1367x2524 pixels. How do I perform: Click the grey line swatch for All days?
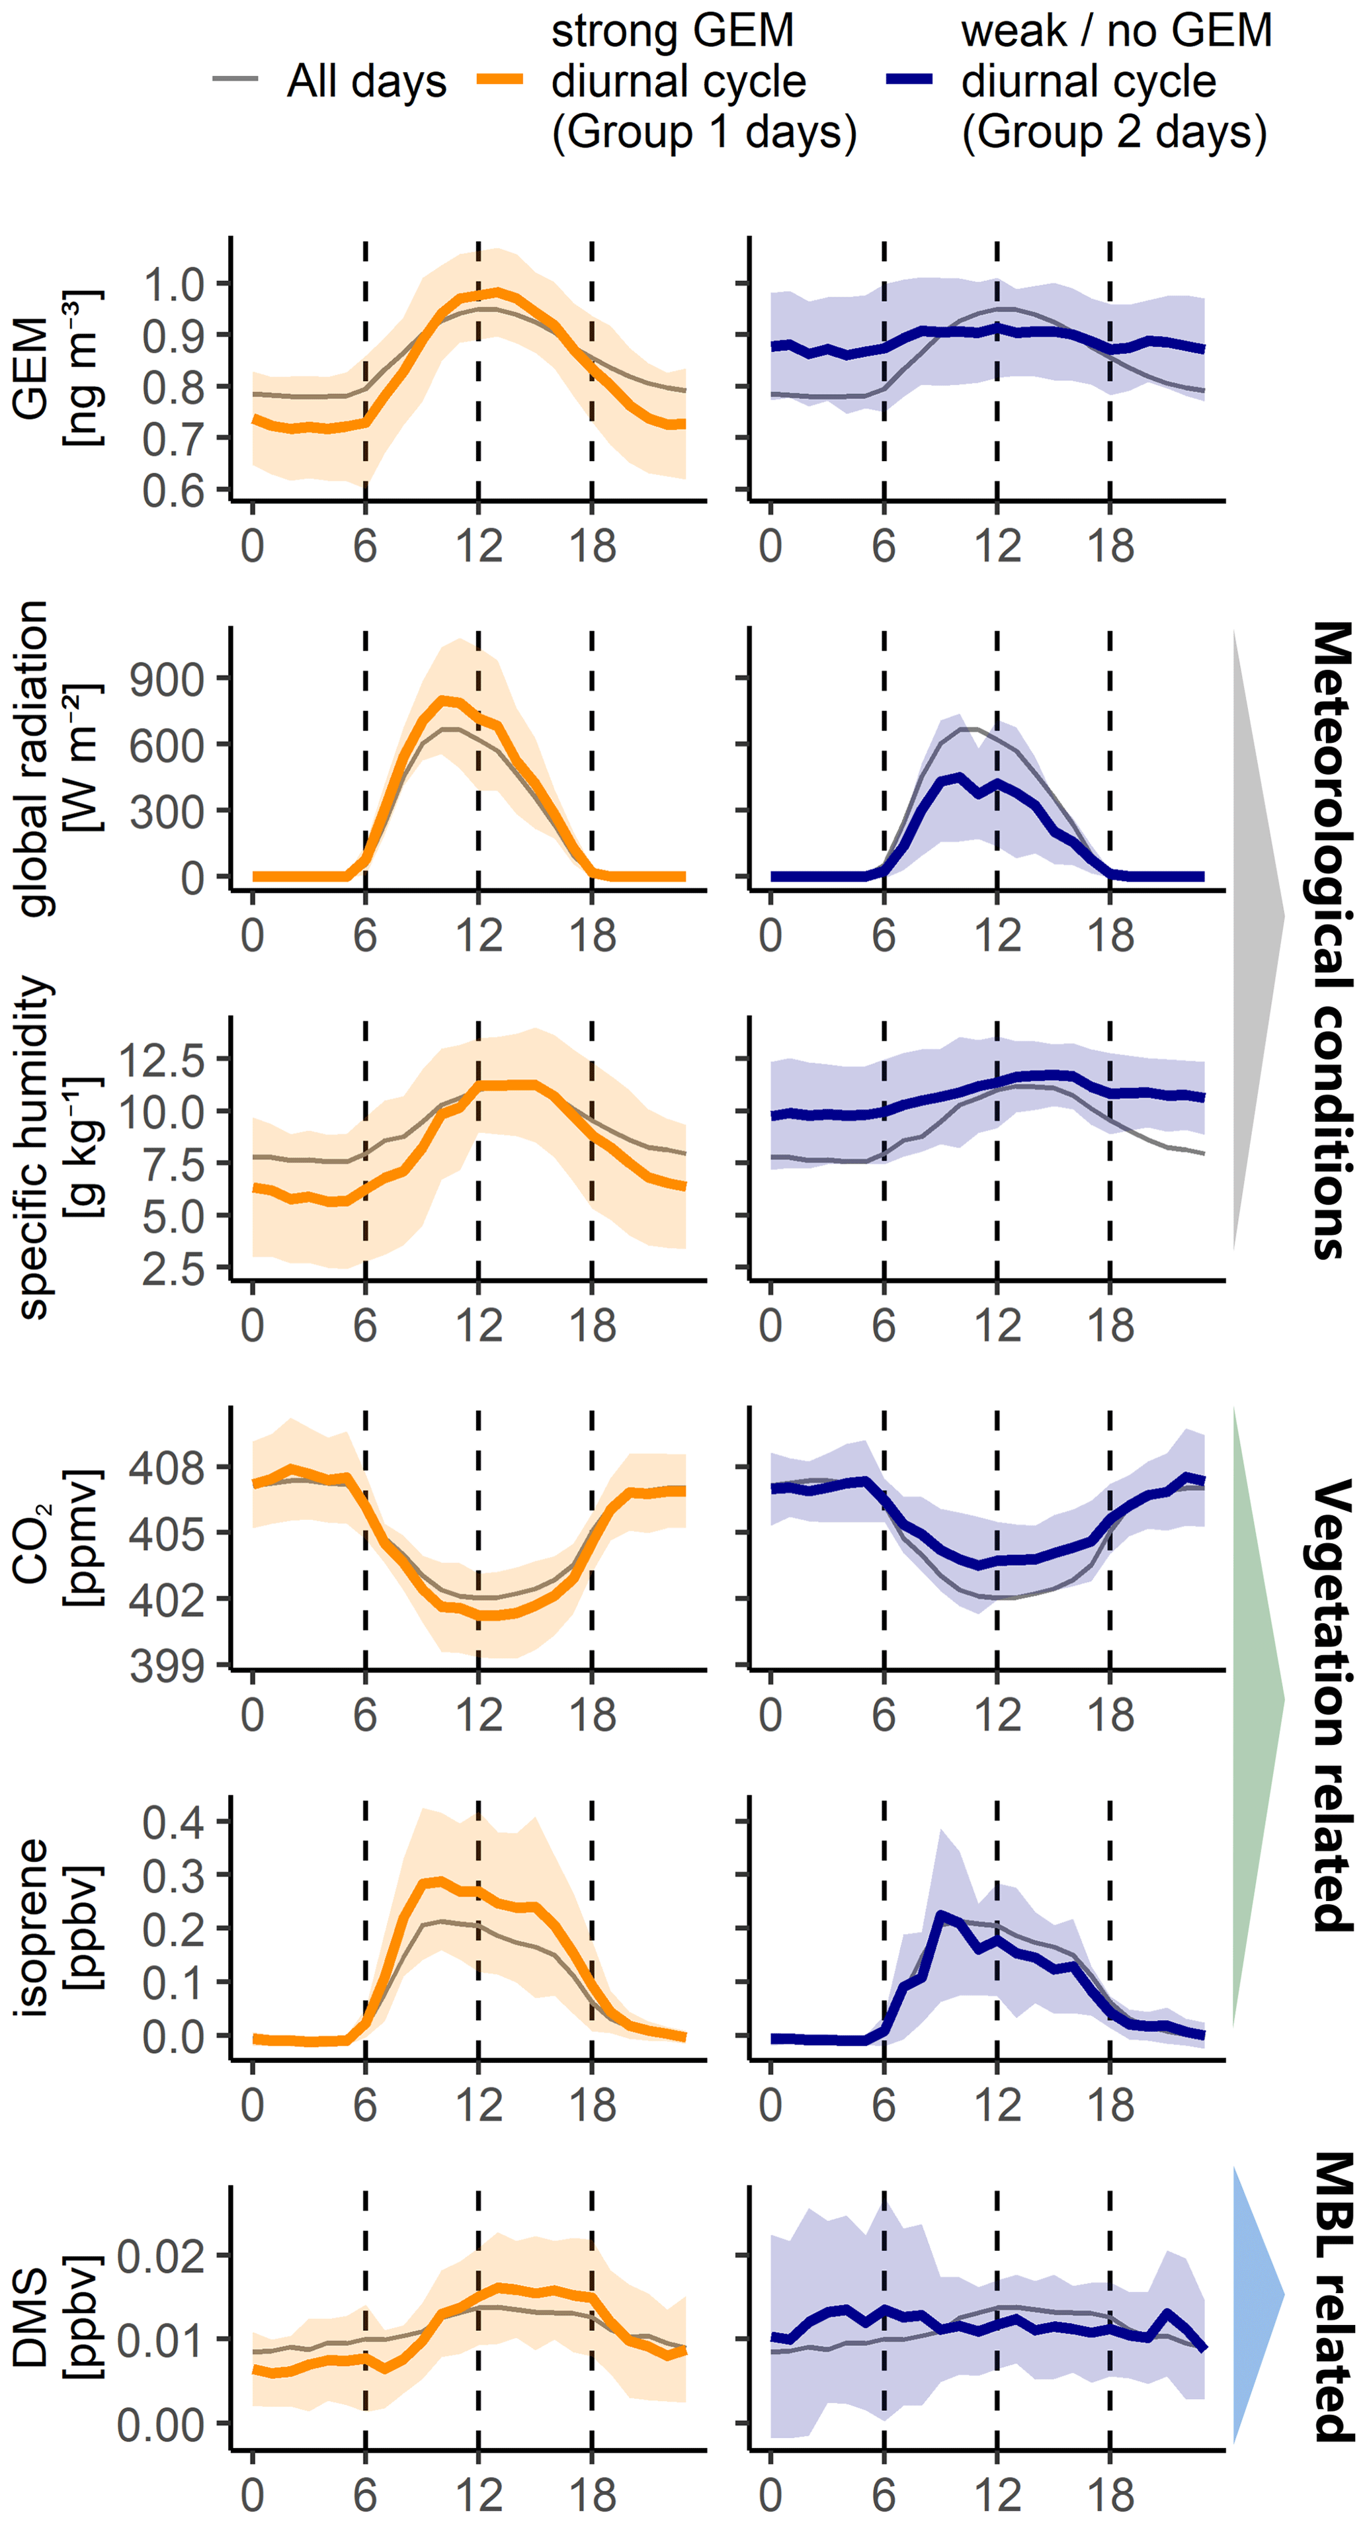(235, 79)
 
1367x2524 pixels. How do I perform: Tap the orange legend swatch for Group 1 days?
(500, 79)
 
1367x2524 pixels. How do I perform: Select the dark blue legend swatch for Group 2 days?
(909, 79)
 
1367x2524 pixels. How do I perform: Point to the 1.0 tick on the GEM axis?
(173, 285)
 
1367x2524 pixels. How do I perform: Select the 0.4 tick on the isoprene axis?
(173, 1822)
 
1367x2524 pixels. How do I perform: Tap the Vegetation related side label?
(1330, 1706)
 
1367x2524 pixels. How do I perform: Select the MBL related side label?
(1330, 2296)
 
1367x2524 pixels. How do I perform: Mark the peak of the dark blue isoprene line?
(940, 1915)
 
